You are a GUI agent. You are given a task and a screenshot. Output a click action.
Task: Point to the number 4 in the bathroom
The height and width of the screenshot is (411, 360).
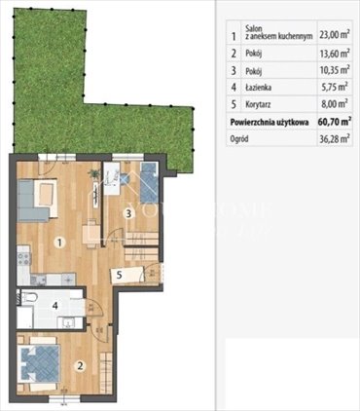pos(55,306)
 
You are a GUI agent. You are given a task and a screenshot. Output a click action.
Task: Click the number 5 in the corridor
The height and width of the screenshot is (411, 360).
pos(118,275)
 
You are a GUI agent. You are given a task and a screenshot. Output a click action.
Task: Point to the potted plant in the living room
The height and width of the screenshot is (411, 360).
pos(94,175)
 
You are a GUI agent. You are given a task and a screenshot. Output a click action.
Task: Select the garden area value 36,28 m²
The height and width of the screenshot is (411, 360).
pos(330,141)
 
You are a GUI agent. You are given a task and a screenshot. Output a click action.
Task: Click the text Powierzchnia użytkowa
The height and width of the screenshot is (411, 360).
pos(270,124)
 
